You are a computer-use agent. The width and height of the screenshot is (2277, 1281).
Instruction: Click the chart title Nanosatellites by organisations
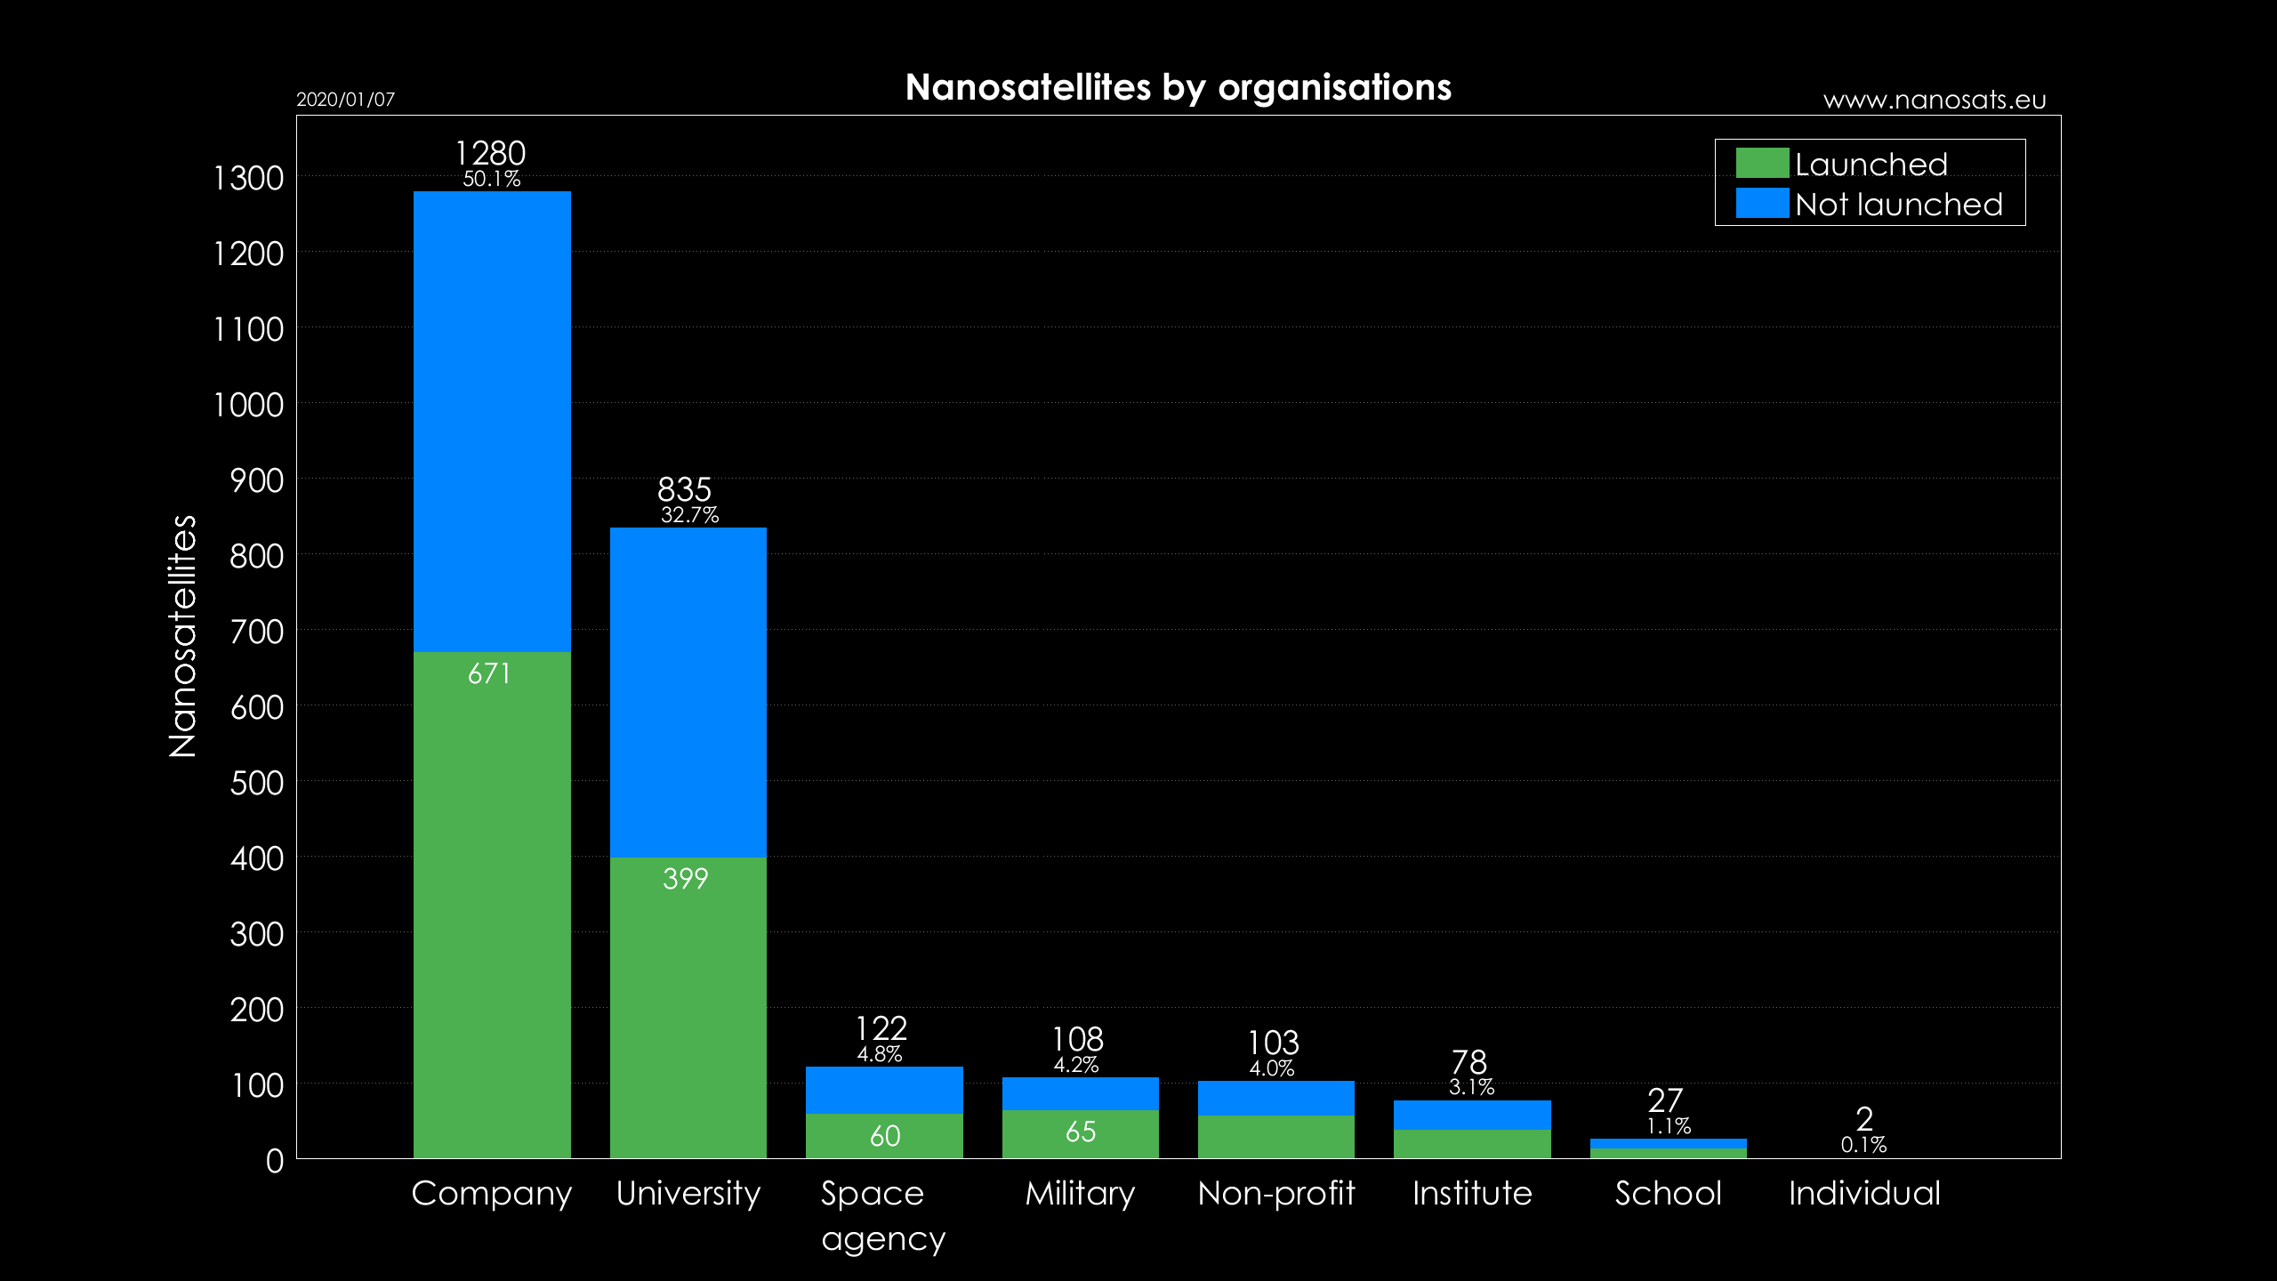click(x=1178, y=87)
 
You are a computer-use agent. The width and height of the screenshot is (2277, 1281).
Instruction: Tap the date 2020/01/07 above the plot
click(x=345, y=100)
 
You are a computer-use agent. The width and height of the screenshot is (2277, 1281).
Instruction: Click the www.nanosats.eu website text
click(x=1934, y=100)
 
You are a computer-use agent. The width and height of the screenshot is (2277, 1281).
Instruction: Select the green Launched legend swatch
click(x=1761, y=164)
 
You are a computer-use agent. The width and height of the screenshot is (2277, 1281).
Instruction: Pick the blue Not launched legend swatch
click(x=1761, y=203)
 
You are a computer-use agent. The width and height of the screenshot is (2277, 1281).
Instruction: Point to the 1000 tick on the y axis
click(x=248, y=405)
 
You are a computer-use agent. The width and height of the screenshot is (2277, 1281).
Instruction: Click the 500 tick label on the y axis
click(x=256, y=783)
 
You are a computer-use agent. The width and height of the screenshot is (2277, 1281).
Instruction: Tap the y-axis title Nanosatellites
click(x=182, y=636)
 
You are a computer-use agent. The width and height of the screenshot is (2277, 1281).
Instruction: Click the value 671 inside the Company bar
click(x=489, y=673)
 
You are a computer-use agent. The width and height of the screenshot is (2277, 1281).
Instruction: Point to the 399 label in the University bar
click(x=685, y=879)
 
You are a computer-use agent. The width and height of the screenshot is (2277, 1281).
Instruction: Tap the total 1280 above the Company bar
click(x=490, y=153)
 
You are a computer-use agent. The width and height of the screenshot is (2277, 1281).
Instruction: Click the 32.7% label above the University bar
click(x=689, y=515)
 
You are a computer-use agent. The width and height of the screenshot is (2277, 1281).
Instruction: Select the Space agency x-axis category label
click(x=881, y=1215)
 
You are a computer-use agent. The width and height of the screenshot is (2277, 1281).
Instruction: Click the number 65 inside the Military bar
click(x=1080, y=1132)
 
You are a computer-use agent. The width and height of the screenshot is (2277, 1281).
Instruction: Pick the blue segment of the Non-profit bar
click(x=1275, y=1098)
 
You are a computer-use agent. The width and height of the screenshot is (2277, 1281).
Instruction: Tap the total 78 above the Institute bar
click(x=1468, y=1061)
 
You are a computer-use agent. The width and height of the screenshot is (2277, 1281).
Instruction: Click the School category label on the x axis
click(x=1668, y=1193)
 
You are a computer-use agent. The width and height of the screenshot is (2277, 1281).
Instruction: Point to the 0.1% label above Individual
click(x=1863, y=1145)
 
